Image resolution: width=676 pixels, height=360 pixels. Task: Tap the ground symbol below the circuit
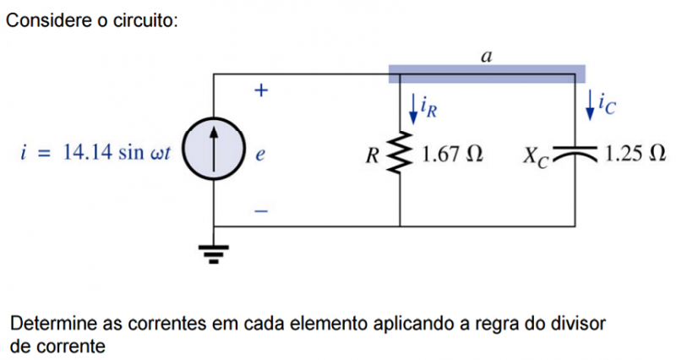point(214,251)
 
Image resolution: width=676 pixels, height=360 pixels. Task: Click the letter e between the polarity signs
point(260,155)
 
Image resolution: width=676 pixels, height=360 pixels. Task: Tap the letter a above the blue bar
point(486,57)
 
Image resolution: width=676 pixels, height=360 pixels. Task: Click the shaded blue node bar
point(486,74)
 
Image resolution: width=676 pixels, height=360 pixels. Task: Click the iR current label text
point(429,107)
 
